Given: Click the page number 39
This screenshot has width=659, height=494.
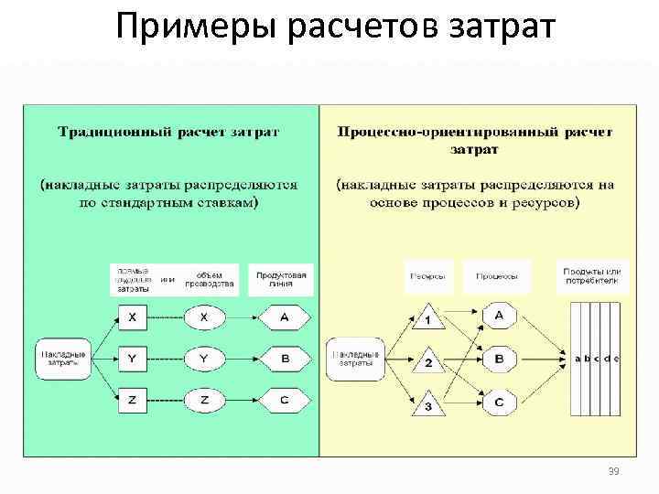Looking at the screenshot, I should pyautogui.click(x=613, y=472).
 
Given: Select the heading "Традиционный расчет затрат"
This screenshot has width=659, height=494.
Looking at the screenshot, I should pyautogui.click(x=169, y=132).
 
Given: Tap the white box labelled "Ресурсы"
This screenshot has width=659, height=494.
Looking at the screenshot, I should pyautogui.click(x=428, y=275).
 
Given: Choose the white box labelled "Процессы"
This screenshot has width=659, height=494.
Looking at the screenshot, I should pyautogui.click(x=497, y=275).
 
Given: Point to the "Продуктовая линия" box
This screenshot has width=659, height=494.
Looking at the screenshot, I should pyautogui.click(x=281, y=279).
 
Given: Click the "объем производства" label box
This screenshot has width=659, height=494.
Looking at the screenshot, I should pyautogui.click(x=210, y=279).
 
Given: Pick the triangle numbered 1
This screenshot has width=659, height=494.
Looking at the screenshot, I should pyautogui.click(x=427, y=319).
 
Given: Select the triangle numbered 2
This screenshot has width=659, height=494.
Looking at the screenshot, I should pyautogui.click(x=427, y=361).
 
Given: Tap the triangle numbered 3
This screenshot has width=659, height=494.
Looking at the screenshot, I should pyautogui.click(x=427, y=403).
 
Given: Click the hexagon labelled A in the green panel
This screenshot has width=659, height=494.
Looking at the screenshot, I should pyautogui.click(x=285, y=317).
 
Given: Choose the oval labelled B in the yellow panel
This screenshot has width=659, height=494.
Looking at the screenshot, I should pyautogui.click(x=499, y=360).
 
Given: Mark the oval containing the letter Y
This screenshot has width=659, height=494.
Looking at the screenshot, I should pyautogui.click(x=204, y=360).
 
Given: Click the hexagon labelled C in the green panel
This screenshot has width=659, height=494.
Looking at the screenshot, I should pyautogui.click(x=285, y=401).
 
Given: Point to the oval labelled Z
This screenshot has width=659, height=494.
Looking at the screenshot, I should pyautogui.click(x=204, y=401).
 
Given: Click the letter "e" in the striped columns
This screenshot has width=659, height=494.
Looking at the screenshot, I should pyautogui.click(x=616, y=359).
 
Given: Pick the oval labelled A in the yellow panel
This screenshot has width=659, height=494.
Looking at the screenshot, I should pyautogui.click(x=499, y=316).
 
